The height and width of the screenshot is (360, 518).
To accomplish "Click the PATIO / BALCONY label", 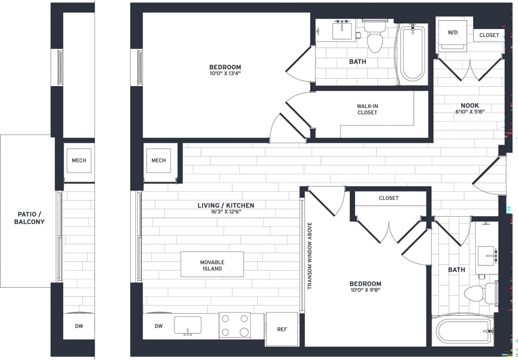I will click(31, 218).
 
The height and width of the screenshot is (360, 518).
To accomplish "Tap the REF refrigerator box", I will click(282, 329).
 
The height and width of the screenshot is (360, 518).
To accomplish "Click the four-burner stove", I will click(235, 325).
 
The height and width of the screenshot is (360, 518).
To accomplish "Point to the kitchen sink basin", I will click(188, 325).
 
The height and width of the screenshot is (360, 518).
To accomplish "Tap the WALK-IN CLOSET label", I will click(367, 109).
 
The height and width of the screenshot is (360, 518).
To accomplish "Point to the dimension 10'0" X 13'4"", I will click(225, 74).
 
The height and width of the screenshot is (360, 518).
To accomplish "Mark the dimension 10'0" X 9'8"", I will click(365, 290).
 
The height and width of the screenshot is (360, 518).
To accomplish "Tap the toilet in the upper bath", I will click(375, 39).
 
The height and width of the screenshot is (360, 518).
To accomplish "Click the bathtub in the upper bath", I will click(412, 54).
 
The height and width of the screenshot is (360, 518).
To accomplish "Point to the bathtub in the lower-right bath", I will click(463, 331).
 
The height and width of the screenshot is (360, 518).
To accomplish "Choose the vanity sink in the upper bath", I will click(342, 31).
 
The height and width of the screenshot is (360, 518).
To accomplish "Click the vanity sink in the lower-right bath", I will click(486, 256).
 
